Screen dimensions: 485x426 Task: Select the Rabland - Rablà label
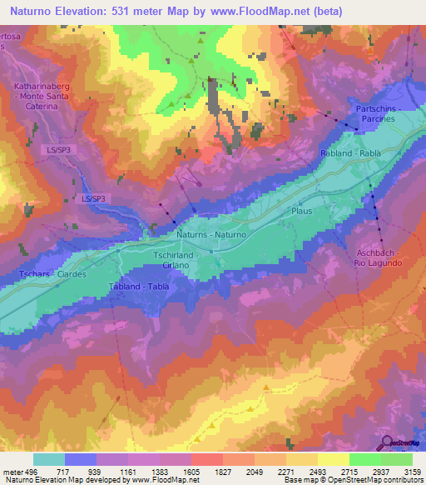(349, 154)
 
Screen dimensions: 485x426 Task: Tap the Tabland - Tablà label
(139, 287)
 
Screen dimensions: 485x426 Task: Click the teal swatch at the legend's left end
(49, 459)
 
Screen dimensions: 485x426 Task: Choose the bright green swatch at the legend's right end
(396, 459)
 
